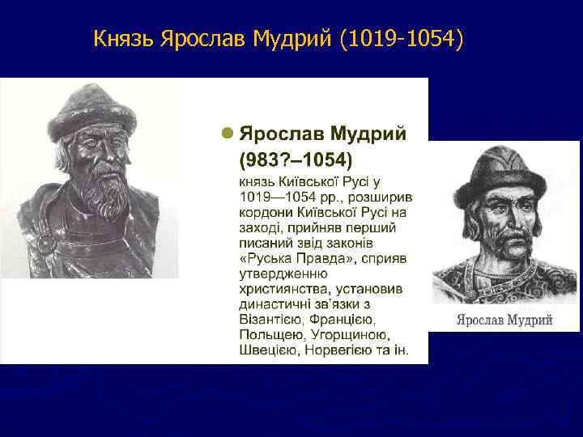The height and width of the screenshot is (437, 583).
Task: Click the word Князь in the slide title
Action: [123, 38]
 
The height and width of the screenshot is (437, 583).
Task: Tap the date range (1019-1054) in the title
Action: [402, 38]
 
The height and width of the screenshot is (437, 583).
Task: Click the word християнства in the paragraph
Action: [279, 289]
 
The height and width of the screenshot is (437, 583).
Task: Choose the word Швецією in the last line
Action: [269, 350]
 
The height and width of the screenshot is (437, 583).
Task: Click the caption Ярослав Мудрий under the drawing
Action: [504, 320]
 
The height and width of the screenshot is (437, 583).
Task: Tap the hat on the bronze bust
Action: [81, 109]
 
